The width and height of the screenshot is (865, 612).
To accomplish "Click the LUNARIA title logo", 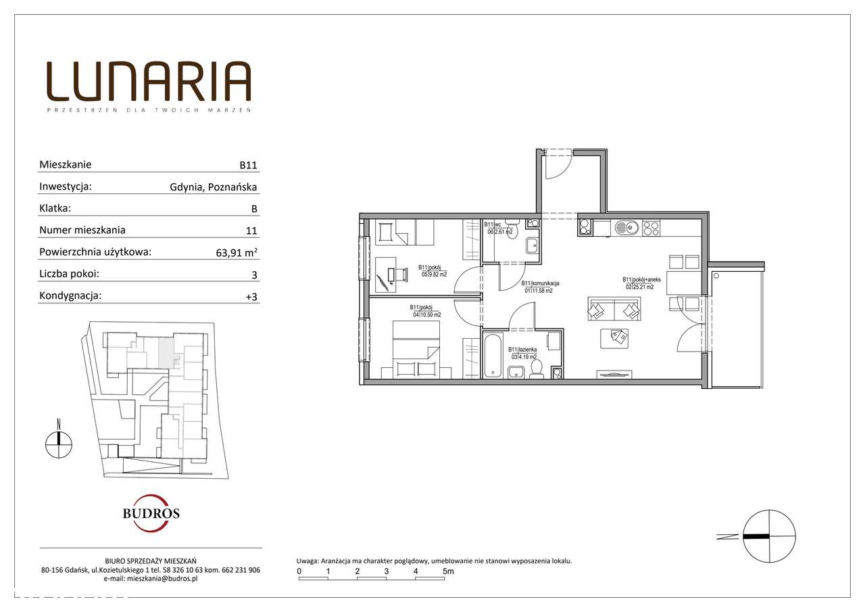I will (x=149, y=82).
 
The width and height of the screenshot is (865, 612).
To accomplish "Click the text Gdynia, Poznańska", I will (x=214, y=187).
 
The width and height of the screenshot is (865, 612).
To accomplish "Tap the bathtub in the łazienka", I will (x=493, y=354).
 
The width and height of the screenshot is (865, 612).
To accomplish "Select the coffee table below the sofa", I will (x=614, y=338).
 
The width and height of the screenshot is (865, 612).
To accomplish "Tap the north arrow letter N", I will (x=59, y=424).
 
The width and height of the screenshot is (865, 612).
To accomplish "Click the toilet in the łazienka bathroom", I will (x=537, y=367).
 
